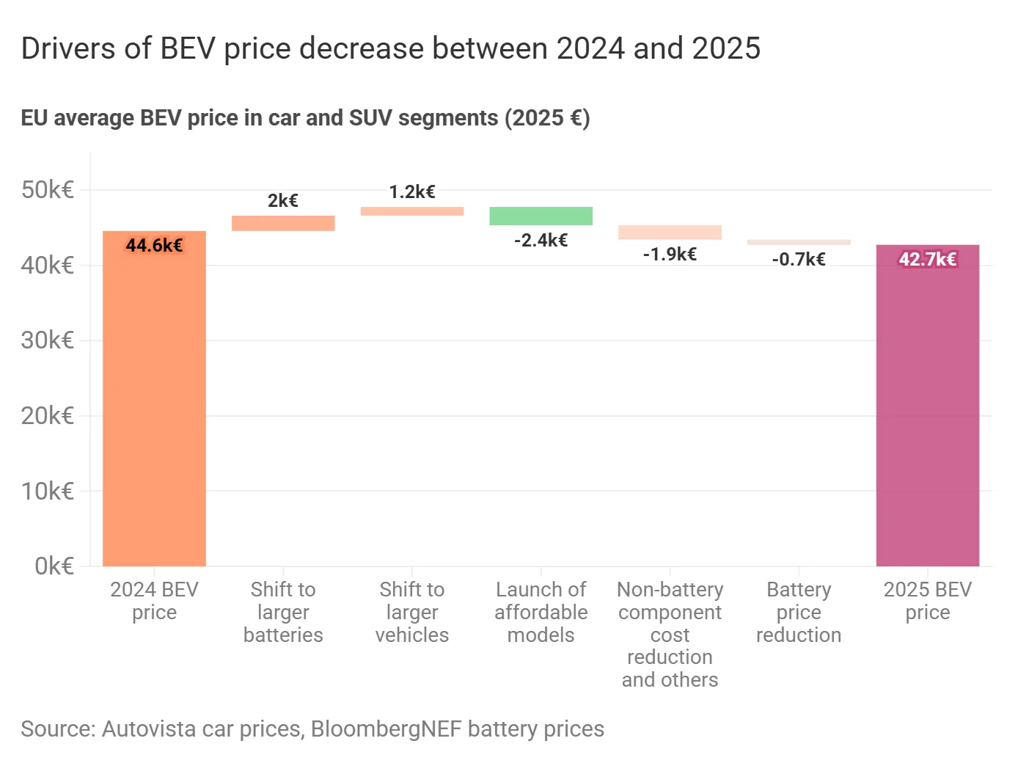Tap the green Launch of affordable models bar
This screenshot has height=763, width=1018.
pos(541,216)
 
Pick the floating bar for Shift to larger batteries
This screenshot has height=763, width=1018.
pos(283,223)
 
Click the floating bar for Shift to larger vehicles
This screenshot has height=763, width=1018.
pos(411,211)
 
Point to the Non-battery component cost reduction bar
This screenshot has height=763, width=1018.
pos(670,232)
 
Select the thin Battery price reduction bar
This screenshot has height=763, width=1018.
pos(799,242)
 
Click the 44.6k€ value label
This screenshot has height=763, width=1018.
pos(154,245)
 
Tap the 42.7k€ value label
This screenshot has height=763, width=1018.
pos(927,259)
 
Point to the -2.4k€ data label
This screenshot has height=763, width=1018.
pos(541,241)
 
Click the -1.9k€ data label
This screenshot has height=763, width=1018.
pos(670,255)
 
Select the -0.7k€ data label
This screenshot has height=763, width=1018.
pos(799,259)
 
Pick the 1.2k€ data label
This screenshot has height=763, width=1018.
pos(411,192)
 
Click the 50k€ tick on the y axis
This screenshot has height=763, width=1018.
pos(48,190)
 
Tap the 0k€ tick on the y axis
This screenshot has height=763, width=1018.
pos(54,566)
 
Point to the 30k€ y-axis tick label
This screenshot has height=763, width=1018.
pos(48,340)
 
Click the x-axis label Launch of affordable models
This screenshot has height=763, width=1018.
pos(541,612)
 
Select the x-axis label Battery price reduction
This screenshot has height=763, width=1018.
pos(799,612)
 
